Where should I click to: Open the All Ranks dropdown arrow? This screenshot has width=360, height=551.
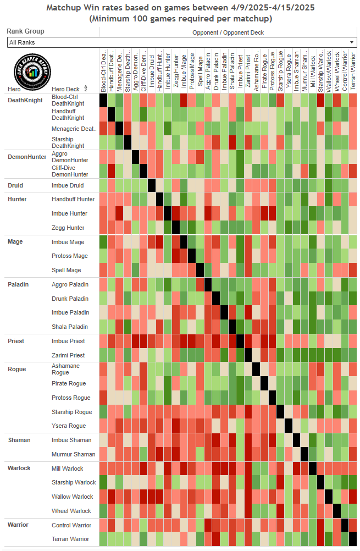pos(352,42)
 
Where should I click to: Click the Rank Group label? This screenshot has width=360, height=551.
pos(25,31)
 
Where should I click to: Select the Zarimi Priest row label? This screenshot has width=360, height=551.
pos(68,355)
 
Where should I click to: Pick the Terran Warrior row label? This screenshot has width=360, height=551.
pos(70,539)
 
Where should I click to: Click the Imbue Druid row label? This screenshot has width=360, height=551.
pos(68,185)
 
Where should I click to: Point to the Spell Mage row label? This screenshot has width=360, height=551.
pos(66,270)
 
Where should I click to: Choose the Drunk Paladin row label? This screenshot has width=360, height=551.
pos(70,299)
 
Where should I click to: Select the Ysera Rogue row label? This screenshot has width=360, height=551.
pos(69,426)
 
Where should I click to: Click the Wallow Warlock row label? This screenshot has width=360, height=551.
pos(72,497)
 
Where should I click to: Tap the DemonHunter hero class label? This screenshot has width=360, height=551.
pos(26,157)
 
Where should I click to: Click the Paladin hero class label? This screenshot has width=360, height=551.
pos(18,284)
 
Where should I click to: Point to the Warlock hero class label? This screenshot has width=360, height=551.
pos(19,469)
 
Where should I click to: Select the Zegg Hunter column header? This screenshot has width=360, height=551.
pos(176,70)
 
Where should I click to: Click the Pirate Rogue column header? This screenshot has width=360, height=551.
pos(264,70)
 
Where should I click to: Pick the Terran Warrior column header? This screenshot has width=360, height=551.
pos(352,70)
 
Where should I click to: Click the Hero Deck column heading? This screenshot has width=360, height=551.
pos(65,89)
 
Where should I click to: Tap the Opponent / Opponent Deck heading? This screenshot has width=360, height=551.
pos(228,32)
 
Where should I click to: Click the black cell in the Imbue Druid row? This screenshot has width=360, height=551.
pos(151,185)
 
